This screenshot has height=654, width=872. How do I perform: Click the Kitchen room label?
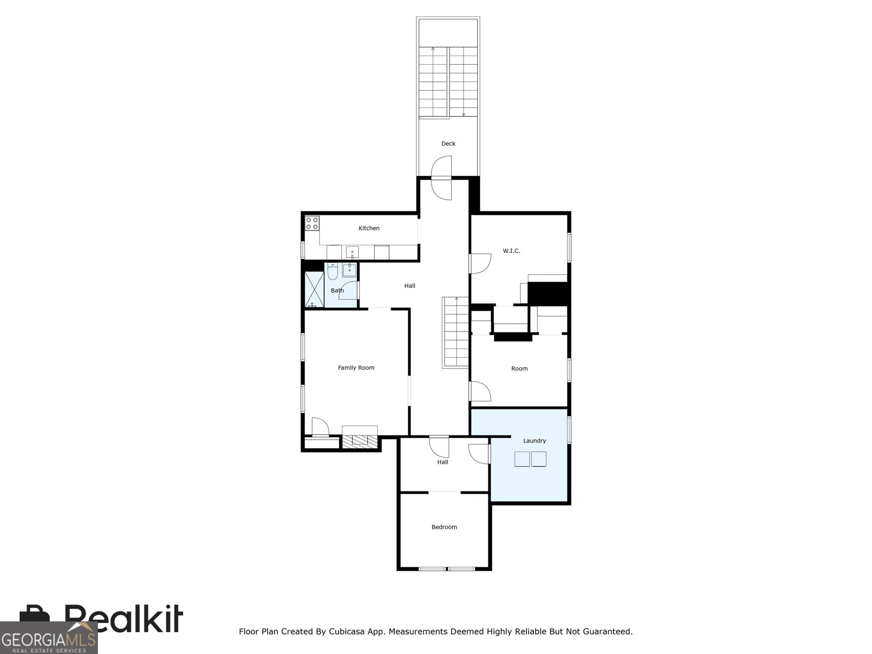[368, 228]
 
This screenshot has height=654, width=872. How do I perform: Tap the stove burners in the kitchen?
[312, 223]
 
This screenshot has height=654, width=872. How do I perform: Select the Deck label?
[448, 143]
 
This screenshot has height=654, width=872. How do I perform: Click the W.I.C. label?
[511, 251]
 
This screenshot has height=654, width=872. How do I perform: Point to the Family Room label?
[356, 368]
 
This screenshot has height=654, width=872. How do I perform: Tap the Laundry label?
[534, 441]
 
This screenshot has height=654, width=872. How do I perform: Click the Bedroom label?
[444, 527]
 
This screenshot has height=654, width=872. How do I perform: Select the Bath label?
[337, 290]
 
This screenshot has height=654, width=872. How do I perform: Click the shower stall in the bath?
[314, 289]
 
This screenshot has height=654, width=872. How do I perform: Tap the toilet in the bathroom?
[332, 271]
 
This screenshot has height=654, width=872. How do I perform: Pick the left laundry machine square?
[522, 459]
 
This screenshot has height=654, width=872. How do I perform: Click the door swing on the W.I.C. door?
[480, 263]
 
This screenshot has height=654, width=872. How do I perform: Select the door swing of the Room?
[480, 391]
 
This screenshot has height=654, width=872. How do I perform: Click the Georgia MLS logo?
[49, 638]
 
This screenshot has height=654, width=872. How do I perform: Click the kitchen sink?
[352, 252]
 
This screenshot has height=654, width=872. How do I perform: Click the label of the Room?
[519, 368]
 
